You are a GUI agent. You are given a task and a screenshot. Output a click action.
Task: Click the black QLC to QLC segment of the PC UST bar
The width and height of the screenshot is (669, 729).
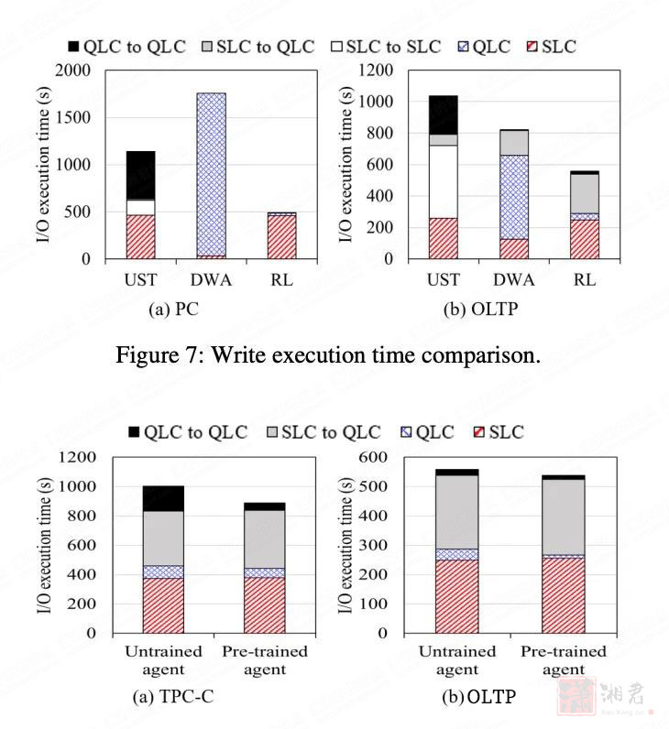(x=140, y=175)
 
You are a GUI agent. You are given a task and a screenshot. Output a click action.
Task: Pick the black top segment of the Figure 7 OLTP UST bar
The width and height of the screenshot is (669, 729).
(x=443, y=114)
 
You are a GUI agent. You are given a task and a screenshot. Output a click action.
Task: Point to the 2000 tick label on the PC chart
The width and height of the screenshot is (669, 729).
(x=73, y=71)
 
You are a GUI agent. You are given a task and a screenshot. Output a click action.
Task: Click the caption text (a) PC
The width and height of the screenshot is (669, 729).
(x=173, y=310)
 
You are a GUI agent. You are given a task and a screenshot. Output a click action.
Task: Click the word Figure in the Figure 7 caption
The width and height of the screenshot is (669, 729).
(x=148, y=354)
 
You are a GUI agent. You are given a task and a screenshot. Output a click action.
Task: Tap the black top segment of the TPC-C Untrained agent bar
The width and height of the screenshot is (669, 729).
(x=163, y=498)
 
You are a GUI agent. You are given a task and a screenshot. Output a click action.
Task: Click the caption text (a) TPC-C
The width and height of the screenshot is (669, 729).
(x=175, y=697)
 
